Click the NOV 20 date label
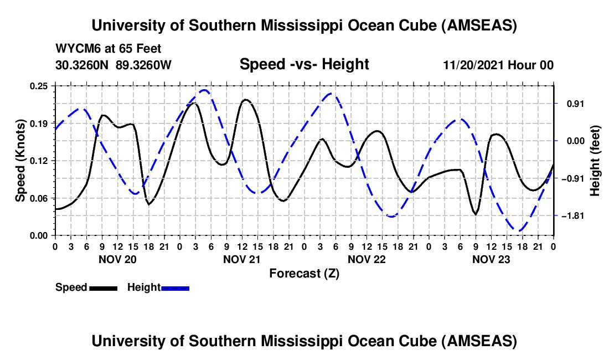[x=117, y=259]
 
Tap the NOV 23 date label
[x=491, y=259]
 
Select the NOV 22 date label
[x=367, y=259]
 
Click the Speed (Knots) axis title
[x=20, y=161]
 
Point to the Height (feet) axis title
[x=595, y=161]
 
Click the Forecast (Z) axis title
[x=304, y=273]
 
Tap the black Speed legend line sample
[x=103, y=287]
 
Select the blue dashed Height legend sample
[x=175, y=287]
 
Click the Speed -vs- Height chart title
[x=304, y=64]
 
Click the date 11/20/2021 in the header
[x=476, y=65]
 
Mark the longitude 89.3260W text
[x=143, y=65]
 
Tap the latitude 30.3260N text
[x=82, y=65]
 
